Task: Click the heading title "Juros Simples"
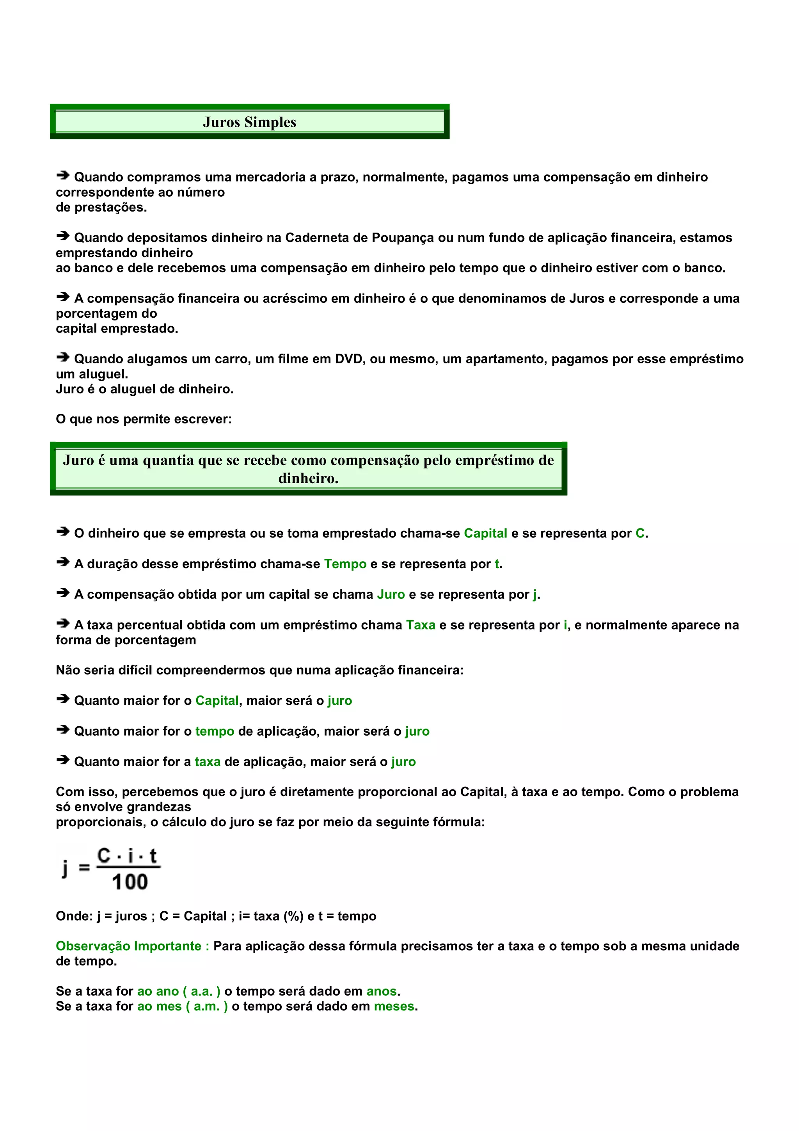tap(250, 122)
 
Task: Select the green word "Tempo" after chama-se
tap(345, 564)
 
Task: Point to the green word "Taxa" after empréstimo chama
tap(421, 625)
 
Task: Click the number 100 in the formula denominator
tap(130, 882)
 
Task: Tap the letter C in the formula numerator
tap(104, 855)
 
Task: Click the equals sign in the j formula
tap(84, 868)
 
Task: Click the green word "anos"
tap(382, 991)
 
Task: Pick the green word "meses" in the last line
tap(394, 1007)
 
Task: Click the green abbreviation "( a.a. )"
tap(201, 991)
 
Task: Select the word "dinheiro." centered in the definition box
tap(308, 478)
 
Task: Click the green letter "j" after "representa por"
tap(534, 594)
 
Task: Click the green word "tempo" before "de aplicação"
tap(215, 731)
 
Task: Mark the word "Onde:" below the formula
tap(74, 916)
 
